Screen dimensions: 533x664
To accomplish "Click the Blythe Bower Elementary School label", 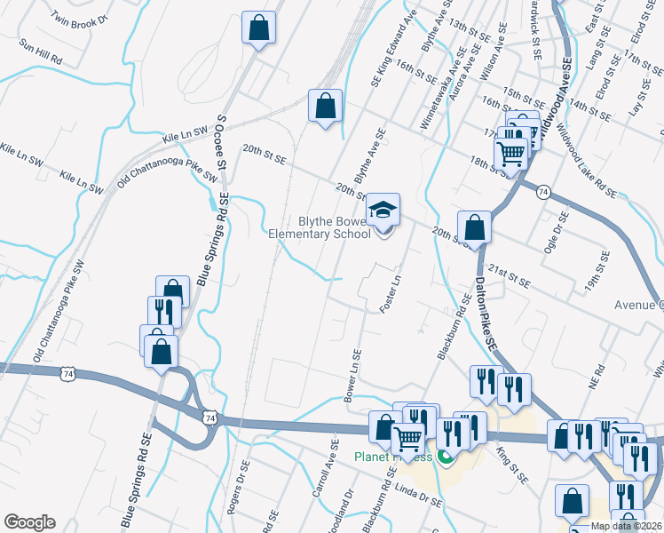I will [319, 228].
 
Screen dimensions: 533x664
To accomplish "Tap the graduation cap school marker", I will [384, 211].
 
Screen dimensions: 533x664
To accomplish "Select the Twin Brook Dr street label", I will [79, 19].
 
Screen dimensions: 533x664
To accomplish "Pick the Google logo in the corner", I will [29, 522].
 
